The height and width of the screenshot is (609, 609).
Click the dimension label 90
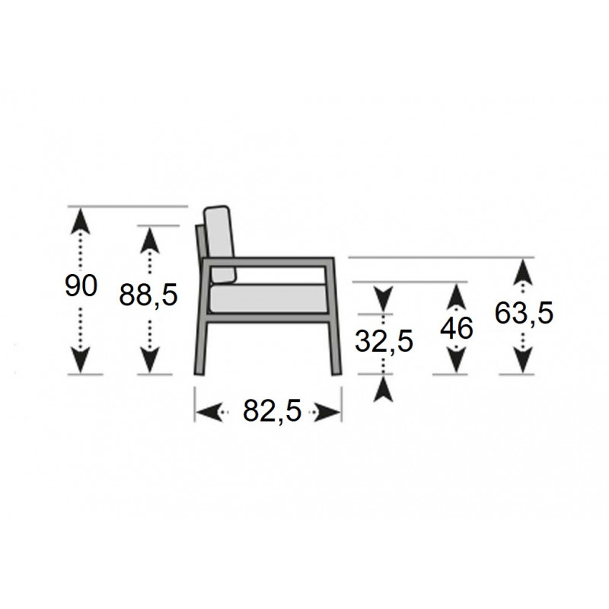click(81, 285)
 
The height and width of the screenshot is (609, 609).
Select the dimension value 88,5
click(148, 294)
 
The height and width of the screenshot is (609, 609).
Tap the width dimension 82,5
click(273, 410)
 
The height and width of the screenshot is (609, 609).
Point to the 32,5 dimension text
click(384, 341)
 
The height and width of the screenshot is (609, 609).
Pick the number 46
click(456, 328)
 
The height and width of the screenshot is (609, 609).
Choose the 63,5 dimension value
click(524, 313)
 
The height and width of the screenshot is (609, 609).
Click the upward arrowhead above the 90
click(81, 221)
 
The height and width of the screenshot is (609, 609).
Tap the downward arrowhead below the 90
click(81, 360)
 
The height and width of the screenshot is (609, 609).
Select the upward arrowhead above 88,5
click(149, 240)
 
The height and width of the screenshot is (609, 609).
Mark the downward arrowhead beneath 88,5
click(149, 360)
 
